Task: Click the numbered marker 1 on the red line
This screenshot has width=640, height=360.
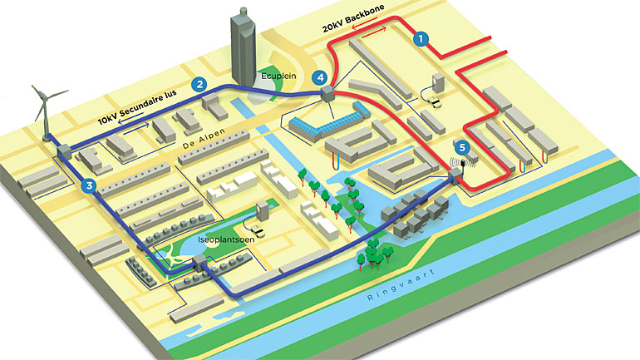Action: coord(421,38)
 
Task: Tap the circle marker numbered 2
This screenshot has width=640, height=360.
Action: coord(199,83)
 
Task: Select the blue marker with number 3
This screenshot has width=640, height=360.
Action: coord(91,186)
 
